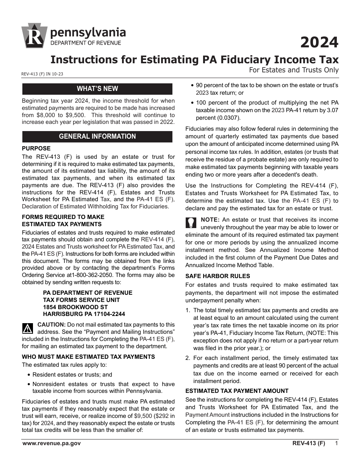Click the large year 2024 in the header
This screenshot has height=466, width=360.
319,42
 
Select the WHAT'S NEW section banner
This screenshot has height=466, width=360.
97,89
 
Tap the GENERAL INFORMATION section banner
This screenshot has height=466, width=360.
97,136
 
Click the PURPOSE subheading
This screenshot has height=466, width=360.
36,149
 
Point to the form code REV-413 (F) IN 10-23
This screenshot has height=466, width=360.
42,74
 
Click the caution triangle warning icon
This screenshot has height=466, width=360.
28,328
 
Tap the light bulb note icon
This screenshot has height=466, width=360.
191,222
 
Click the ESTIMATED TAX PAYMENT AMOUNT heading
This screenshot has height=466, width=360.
237,391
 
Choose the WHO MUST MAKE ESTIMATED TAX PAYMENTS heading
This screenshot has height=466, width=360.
88,357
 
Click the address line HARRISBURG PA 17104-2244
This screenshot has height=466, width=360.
84,314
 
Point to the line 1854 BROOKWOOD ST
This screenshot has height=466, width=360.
75,307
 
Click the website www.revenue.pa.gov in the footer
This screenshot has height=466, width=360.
52,443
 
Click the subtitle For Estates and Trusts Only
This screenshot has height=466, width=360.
294,70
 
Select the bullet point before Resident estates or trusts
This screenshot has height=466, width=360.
29,375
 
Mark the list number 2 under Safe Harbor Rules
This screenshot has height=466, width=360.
188,358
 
